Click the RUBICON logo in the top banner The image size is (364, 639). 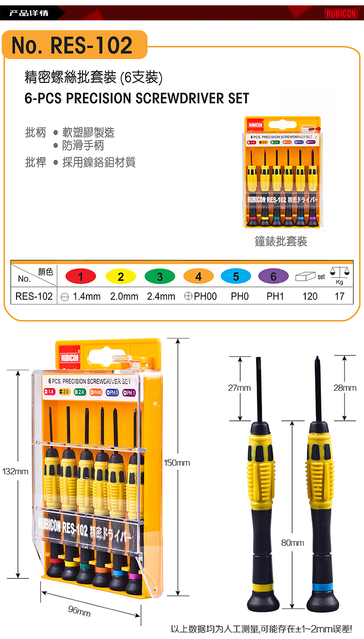[x=341, y=14]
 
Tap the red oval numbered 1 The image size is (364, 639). [x=81, y=276]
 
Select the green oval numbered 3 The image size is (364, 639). [x=160, y=276]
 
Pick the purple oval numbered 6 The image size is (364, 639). [x=273, y=276]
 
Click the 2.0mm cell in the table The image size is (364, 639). [x=124, y=296]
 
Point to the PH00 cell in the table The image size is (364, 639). [x=200, y=296]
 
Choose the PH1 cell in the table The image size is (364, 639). [x=275, y=296]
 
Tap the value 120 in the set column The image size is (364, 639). [x=310, y=296]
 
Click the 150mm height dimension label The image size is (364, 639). [x=177, y=463]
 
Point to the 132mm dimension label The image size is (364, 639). [x=15, y=471]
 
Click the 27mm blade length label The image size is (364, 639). [x=239, y=388]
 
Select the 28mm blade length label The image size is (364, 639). [x=345, y=388]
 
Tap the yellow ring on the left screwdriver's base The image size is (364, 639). [x=264, y=587]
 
